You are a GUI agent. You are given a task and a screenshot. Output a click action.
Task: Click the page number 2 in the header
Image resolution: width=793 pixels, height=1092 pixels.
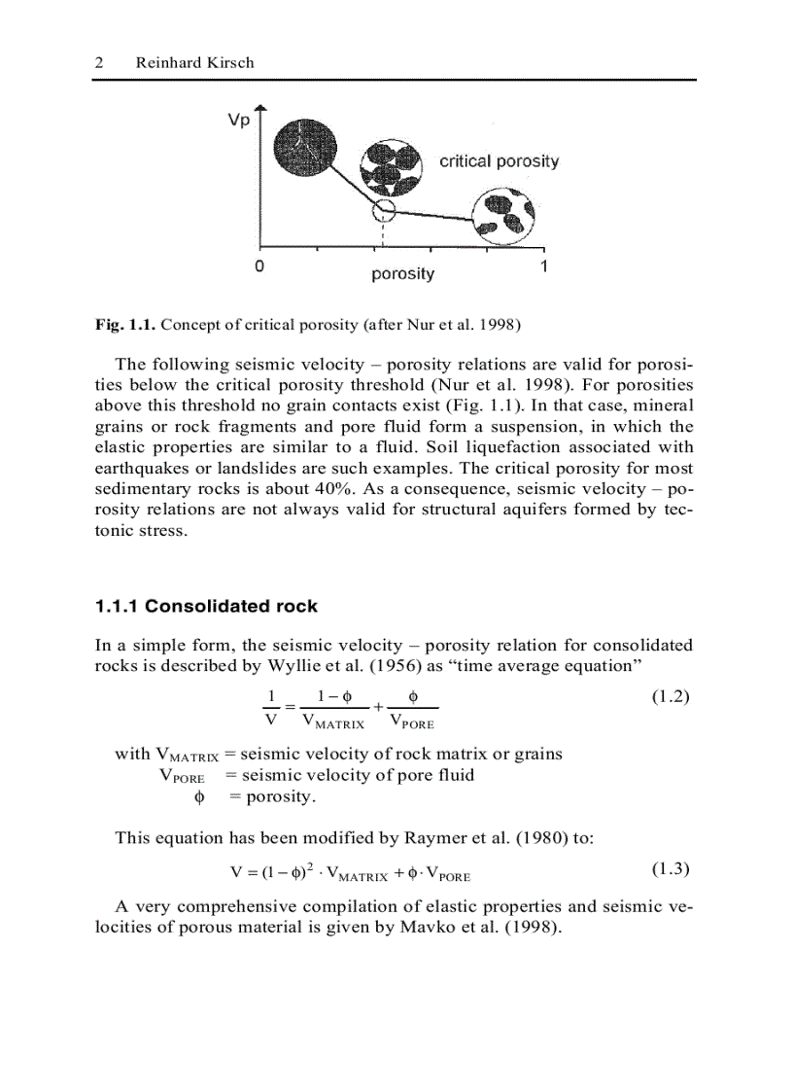[x=99, y=62]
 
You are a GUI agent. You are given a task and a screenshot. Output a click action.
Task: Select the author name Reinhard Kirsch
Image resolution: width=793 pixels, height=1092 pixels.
[x=194, y=62]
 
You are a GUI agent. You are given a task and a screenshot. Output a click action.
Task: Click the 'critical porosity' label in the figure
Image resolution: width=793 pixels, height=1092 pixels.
[x=499, y=161]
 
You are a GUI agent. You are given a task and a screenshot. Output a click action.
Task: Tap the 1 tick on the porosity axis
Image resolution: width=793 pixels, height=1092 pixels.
[x=544, y=265]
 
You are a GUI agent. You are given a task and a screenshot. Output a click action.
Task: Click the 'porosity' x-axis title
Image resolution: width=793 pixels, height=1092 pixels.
[x=402, y=274]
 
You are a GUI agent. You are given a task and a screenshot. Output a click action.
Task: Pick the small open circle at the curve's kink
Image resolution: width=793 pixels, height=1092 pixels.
[x=385, y=211]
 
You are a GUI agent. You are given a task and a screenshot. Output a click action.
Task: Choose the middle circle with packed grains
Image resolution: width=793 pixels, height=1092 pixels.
[x=392, y=167]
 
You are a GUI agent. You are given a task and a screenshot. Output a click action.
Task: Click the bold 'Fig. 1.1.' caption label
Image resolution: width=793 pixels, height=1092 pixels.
[x=125, y=324]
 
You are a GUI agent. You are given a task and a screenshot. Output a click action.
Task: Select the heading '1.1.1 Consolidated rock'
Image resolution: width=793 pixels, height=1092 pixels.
[x=206, y=607]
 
